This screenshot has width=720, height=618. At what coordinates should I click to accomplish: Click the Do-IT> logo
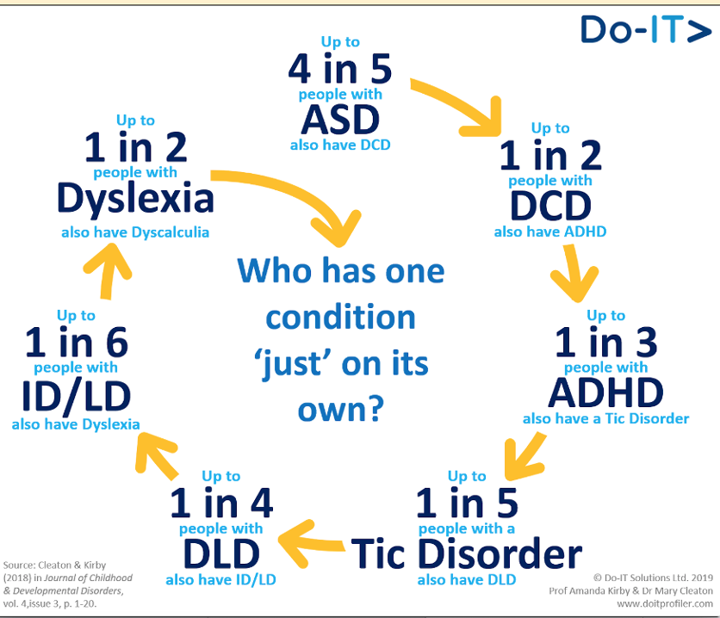pyautogui.click(x=644, y=29)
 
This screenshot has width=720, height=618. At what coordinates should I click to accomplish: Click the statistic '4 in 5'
pyautogui.click(x=339, y=69)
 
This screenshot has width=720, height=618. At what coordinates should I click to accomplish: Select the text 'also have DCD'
pyautogui.click(x=339, y=145)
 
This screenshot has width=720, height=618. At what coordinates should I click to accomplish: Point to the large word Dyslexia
pyautogui.click(x=135, y=199)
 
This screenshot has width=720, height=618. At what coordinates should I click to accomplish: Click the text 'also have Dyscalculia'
pyautogui.click(x=135, y=232)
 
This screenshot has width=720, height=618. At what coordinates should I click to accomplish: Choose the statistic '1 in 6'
pyautogui.click(x=76, y=344)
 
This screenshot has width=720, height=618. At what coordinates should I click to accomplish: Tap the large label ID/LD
pyautogui.click(x=76, y=394)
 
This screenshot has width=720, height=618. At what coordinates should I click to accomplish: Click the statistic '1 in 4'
pyautogui.click(x=220, y=503)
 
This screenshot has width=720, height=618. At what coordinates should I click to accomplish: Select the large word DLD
pyautogui.click(x=220, y=551)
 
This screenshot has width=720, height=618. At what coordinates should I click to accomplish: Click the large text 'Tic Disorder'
pyautogui.click(x=466, y=553)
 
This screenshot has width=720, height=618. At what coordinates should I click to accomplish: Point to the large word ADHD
pyautogui.click(x=605, y=392)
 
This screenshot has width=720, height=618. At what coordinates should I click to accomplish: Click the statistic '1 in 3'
pyautogui.click(x=605, y=343)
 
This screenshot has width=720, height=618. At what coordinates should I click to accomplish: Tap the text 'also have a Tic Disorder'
pyautogui.click(x=605, y=418)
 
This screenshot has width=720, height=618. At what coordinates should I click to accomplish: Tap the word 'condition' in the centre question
pyautogui.click(x=341, y=317)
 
